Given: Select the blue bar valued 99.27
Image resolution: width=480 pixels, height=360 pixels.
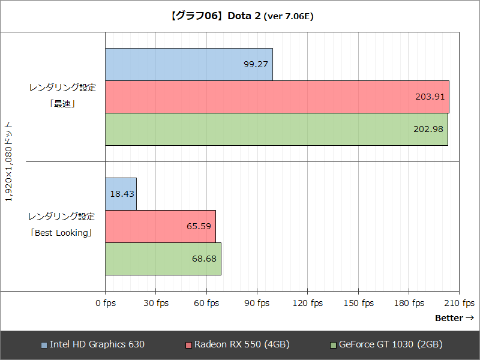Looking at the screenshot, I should tap(189, 64).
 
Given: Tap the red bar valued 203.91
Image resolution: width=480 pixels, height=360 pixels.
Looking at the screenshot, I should tap(277, 97).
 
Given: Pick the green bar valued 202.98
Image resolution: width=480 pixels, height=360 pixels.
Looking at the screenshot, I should tap(276, 129).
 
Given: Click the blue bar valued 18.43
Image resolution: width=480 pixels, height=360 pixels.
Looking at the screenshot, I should tap(121, 194).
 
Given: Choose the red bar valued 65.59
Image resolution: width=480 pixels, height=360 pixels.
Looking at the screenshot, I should tap(160, 226).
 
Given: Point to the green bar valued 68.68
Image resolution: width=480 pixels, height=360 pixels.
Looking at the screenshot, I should tap(163, 259).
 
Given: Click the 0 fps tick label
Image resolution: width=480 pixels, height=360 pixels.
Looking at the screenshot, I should tap(106, 303).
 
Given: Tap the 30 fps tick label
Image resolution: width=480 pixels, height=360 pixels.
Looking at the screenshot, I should tap(156, 303).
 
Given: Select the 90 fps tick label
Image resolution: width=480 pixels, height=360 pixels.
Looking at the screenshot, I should tap(257, 303).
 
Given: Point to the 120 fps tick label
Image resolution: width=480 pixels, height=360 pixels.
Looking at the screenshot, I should tap(308, 303).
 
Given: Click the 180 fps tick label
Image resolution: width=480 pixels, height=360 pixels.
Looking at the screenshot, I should tap(409, 303).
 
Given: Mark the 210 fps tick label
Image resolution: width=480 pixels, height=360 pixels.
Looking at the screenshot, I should tap(460, 303).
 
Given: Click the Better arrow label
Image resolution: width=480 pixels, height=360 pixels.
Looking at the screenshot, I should tap(454, 318).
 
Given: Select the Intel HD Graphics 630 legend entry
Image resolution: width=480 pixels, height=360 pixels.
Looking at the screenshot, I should tap(92, 344).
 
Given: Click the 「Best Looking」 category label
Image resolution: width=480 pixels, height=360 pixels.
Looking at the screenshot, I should tap(62, 233).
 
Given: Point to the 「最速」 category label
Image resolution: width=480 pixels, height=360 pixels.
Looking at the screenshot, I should tap(62, 103).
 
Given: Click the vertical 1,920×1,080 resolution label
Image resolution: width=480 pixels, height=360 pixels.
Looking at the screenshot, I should tap(8, 162).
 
